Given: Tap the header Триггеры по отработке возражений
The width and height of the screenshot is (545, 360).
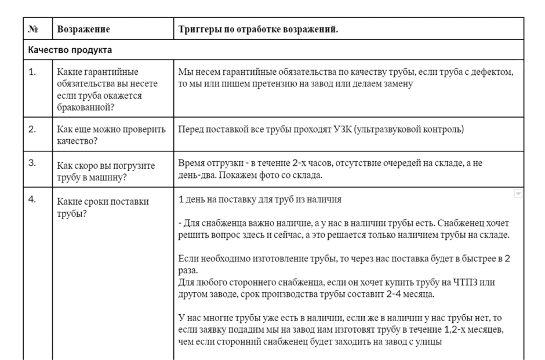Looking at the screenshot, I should pos(258,29).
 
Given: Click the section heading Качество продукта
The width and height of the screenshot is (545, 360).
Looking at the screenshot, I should pos(70,49).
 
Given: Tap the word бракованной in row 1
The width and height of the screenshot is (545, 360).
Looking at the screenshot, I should pos(83,107).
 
